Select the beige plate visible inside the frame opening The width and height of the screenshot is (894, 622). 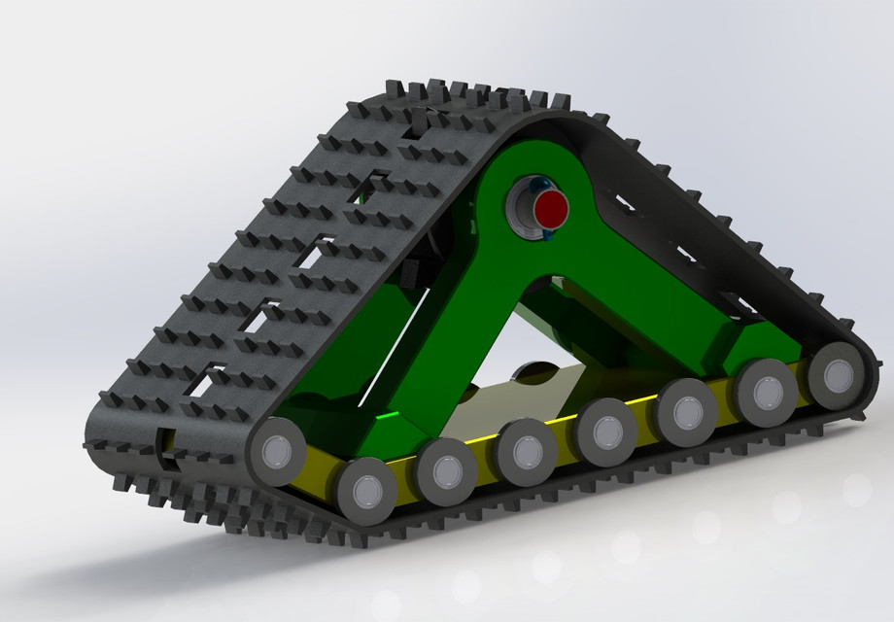coord(505,403)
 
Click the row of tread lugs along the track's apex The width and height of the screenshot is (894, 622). coord(466,97)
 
